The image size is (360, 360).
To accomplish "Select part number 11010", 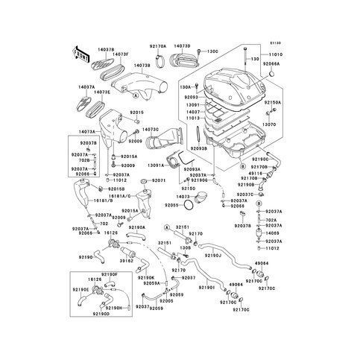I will click(274, 54).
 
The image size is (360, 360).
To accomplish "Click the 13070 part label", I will click(270, 124).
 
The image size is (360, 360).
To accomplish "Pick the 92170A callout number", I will click(157, 45).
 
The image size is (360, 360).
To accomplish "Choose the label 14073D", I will click(183, 45).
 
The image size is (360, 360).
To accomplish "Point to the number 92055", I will click(172, 203).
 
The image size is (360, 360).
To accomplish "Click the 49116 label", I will click(255, 172).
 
